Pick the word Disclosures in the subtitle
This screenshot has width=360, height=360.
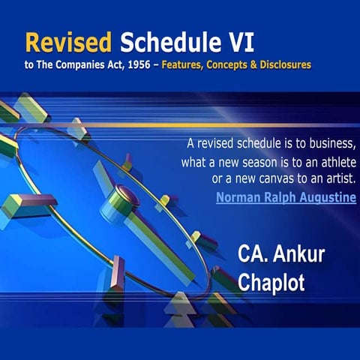284,65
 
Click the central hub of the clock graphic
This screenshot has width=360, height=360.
124,196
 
